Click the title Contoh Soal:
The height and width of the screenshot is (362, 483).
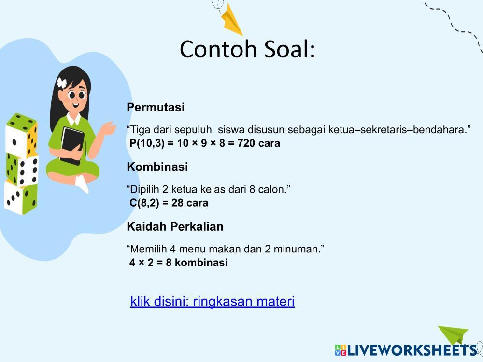click(x=247, y=49)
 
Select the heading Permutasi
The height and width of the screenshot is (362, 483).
click(x=156, y=107)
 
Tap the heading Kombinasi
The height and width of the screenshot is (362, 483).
click(x=157, y=167)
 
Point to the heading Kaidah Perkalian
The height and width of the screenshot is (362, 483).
click(x=175, y=226)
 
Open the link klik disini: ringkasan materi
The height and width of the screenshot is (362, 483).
click(x=213, y=301)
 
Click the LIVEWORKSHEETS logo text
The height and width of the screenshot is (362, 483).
click(x=412, y=350)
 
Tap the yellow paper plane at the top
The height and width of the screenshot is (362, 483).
click(x=231, y=20)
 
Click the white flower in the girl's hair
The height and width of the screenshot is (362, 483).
click(x=62, y=83)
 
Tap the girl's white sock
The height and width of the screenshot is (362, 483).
click(x=82, y=184)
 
